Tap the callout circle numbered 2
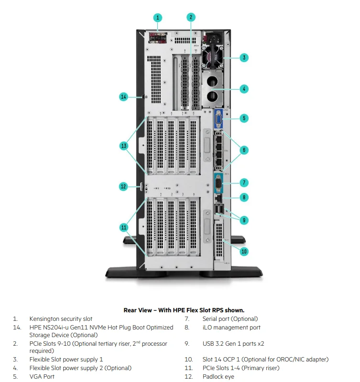pyautogui.click(x=190, y=18)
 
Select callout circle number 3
pyautogui.click(x=244, y=58)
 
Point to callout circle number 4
pyautogui.click(x=244, y=89)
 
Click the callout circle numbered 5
pyautogui.click(x=244, y=118)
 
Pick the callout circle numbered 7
pyautogui.click(x=244, y=182)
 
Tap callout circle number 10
pyautogui.click(x=244, y=251)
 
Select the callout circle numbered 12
pyautogui.click(x=123, y=186)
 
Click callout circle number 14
pyautogui.click(x=123, y=97)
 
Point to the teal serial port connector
pyautogui.click(x=218, y=183)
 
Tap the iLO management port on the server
pyautogui.click(x=218, y=197)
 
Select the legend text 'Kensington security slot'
pyautogui.click(x=61, y=318)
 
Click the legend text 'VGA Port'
pyautogui.click(x=42, y=377)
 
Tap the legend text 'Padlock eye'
pyautogui.click(x=218, y=377)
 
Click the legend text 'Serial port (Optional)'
pyautogui.click(x=230, y=318)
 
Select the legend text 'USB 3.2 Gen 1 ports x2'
pyautogui.click(x=233, y=343)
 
